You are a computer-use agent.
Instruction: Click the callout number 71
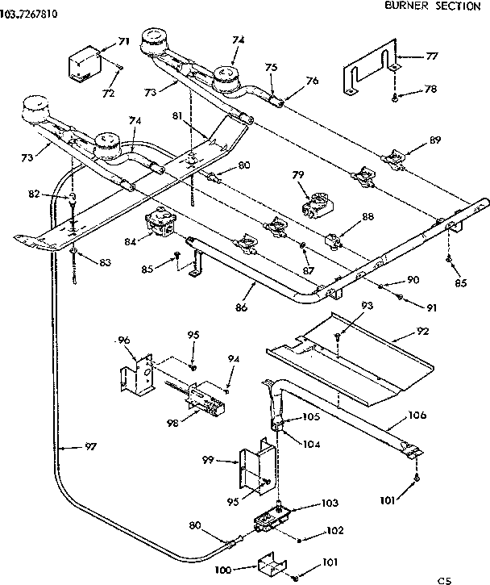point(123,41)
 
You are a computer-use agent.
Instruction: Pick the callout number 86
point(240,309)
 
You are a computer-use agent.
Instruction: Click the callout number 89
point(435,140)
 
